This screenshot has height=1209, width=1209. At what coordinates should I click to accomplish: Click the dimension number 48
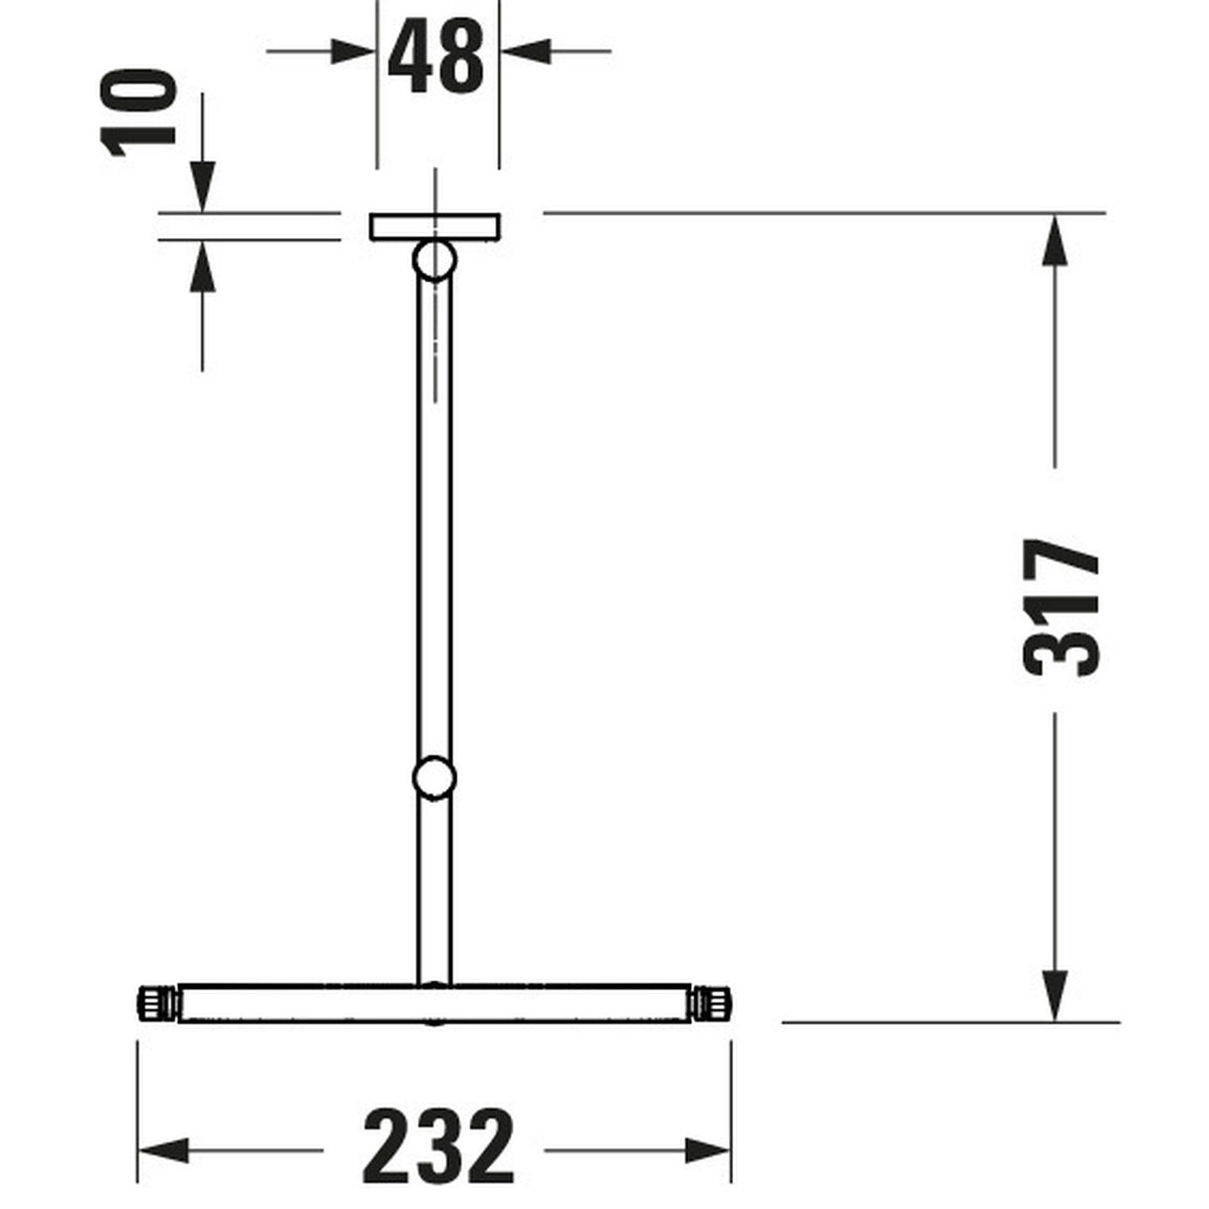[436, 57]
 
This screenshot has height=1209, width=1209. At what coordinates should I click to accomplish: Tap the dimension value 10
[138, 112]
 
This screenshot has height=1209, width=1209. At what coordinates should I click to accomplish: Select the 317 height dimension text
[1063, 607]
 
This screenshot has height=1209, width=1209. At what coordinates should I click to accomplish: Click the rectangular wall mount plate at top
[434, 227]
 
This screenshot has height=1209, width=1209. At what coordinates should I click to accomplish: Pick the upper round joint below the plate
[434, 260]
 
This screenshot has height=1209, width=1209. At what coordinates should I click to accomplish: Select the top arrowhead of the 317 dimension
[1056, 239]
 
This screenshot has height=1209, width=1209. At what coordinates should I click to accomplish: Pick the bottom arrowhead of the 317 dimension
[1056, 996]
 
